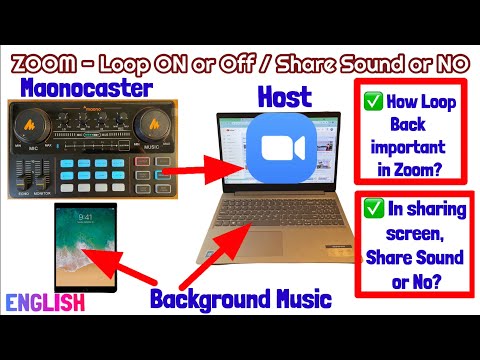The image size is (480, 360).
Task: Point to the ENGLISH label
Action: (x=42, y=301)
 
